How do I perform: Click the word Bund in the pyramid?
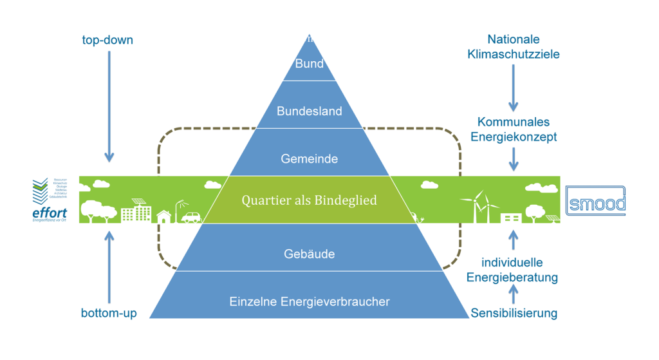[309, 64]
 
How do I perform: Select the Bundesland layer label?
[310, 111]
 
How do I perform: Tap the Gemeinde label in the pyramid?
[310, 158]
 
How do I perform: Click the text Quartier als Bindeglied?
[310, 200]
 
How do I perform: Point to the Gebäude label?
[310, 254]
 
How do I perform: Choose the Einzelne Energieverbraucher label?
[310, 301]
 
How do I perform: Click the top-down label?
[107, 41]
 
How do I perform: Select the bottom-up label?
[107, 314]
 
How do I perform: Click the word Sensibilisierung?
[514, 314]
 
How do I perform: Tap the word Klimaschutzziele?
[514, 54]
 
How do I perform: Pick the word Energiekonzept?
[514, 137]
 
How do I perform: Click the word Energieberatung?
[514, 278]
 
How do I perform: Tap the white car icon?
[190, 216]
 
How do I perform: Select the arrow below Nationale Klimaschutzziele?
[514, 87]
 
